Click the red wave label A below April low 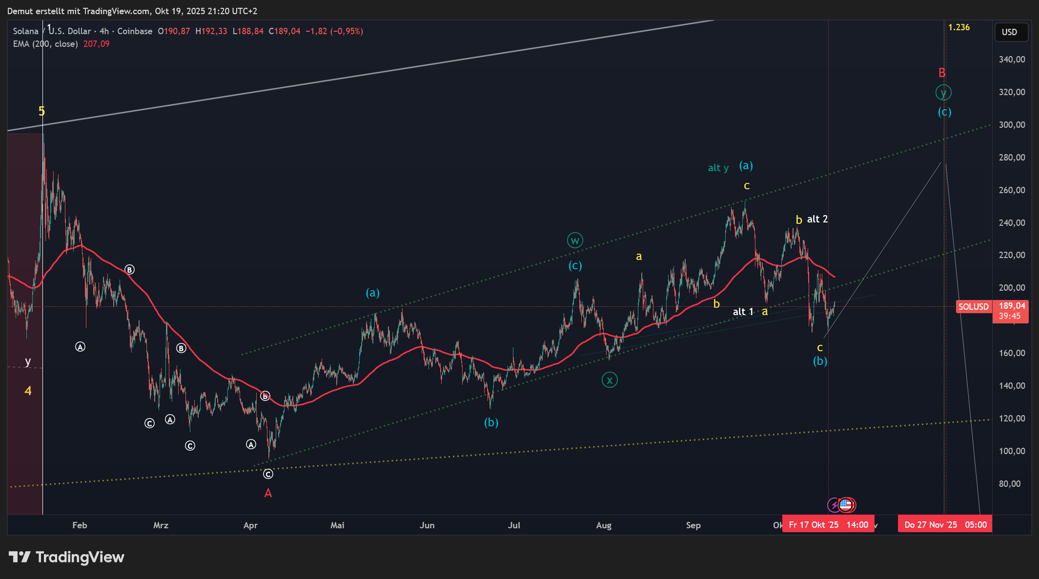coord(268,493)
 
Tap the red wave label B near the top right coord(942,73)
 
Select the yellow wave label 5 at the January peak coord(42,111)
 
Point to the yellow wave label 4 coord(28,391)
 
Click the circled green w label coord(575,240)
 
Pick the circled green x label coord(610,379)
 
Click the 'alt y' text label coord(718,168)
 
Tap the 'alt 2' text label coord(817,219)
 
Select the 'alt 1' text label coord(743,312)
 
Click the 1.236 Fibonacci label coord(958,27)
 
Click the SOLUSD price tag coord(973,307)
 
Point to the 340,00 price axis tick coord(1012,60)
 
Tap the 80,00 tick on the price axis coord(1010,483)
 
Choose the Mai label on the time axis coord(337,525)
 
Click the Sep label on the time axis coord(693,525)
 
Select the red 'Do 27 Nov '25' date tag coord(945,525)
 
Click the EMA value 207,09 coord(96,44)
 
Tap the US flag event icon coord(846,505)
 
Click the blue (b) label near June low coord(491,422)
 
